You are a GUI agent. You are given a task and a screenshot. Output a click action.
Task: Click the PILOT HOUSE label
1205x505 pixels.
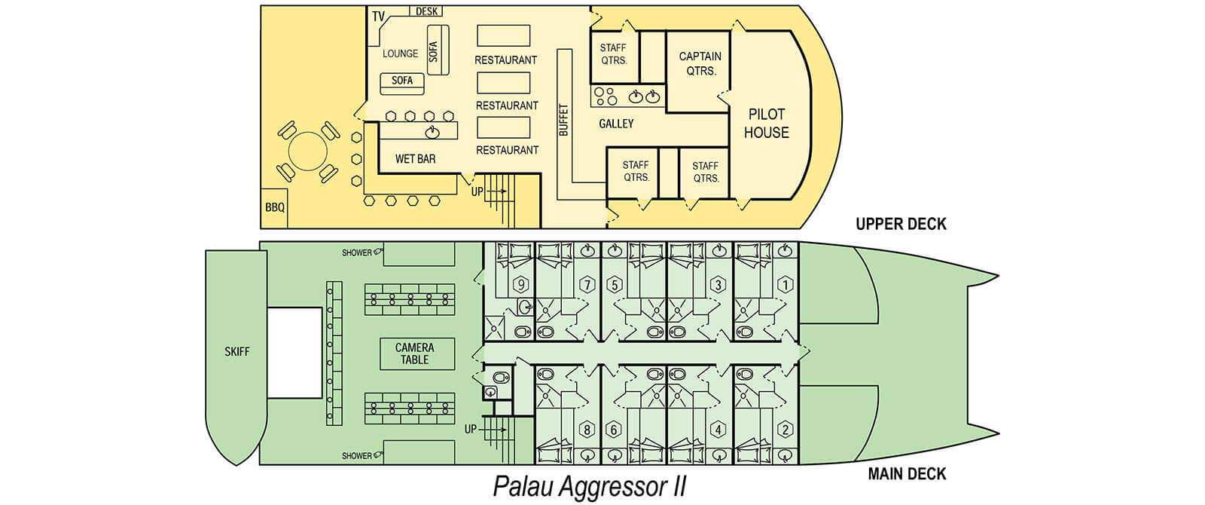(x=766, y=124)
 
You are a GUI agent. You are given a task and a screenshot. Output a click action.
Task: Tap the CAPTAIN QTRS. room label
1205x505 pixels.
(x=700, y=63)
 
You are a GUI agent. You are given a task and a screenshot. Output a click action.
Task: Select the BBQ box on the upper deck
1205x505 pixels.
(x=275, y=207)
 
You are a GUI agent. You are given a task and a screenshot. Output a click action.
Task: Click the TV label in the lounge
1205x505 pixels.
(x=378, y=17)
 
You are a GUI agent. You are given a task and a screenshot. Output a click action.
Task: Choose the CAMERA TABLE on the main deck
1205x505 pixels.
(x=414, y=353)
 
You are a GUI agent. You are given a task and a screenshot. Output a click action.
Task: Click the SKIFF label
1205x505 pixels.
(x=236, y=351)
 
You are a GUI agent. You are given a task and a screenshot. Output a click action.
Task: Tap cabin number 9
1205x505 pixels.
(x=520, y=285)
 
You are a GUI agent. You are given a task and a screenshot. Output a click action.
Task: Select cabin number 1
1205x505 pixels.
(x=786, y=285)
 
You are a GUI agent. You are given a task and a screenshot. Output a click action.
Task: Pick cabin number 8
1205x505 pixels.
(x=587, y=430)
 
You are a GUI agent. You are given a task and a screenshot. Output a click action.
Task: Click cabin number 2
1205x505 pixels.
(x=786, y=430)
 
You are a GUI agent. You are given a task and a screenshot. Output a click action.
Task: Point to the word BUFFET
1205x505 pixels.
(x=563, y=120)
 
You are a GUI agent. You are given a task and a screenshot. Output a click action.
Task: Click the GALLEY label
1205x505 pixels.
(x=616, y=124)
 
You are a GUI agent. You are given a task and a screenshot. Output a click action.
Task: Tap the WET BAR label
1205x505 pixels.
(x=415, y=159)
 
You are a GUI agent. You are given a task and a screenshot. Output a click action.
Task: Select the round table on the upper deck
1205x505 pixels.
(x=308, y=151)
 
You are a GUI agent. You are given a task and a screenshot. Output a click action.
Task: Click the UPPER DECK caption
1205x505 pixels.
(x=901, y=224)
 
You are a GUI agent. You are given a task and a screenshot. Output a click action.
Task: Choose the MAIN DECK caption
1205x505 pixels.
(x=907, y=473)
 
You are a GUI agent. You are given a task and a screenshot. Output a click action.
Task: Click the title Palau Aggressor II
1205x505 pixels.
(x=590, y=486)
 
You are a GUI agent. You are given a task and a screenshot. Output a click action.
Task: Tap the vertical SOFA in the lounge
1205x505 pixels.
(x=434, y=50)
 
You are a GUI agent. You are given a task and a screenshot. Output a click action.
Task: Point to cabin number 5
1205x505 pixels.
(x=615, y=285)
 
